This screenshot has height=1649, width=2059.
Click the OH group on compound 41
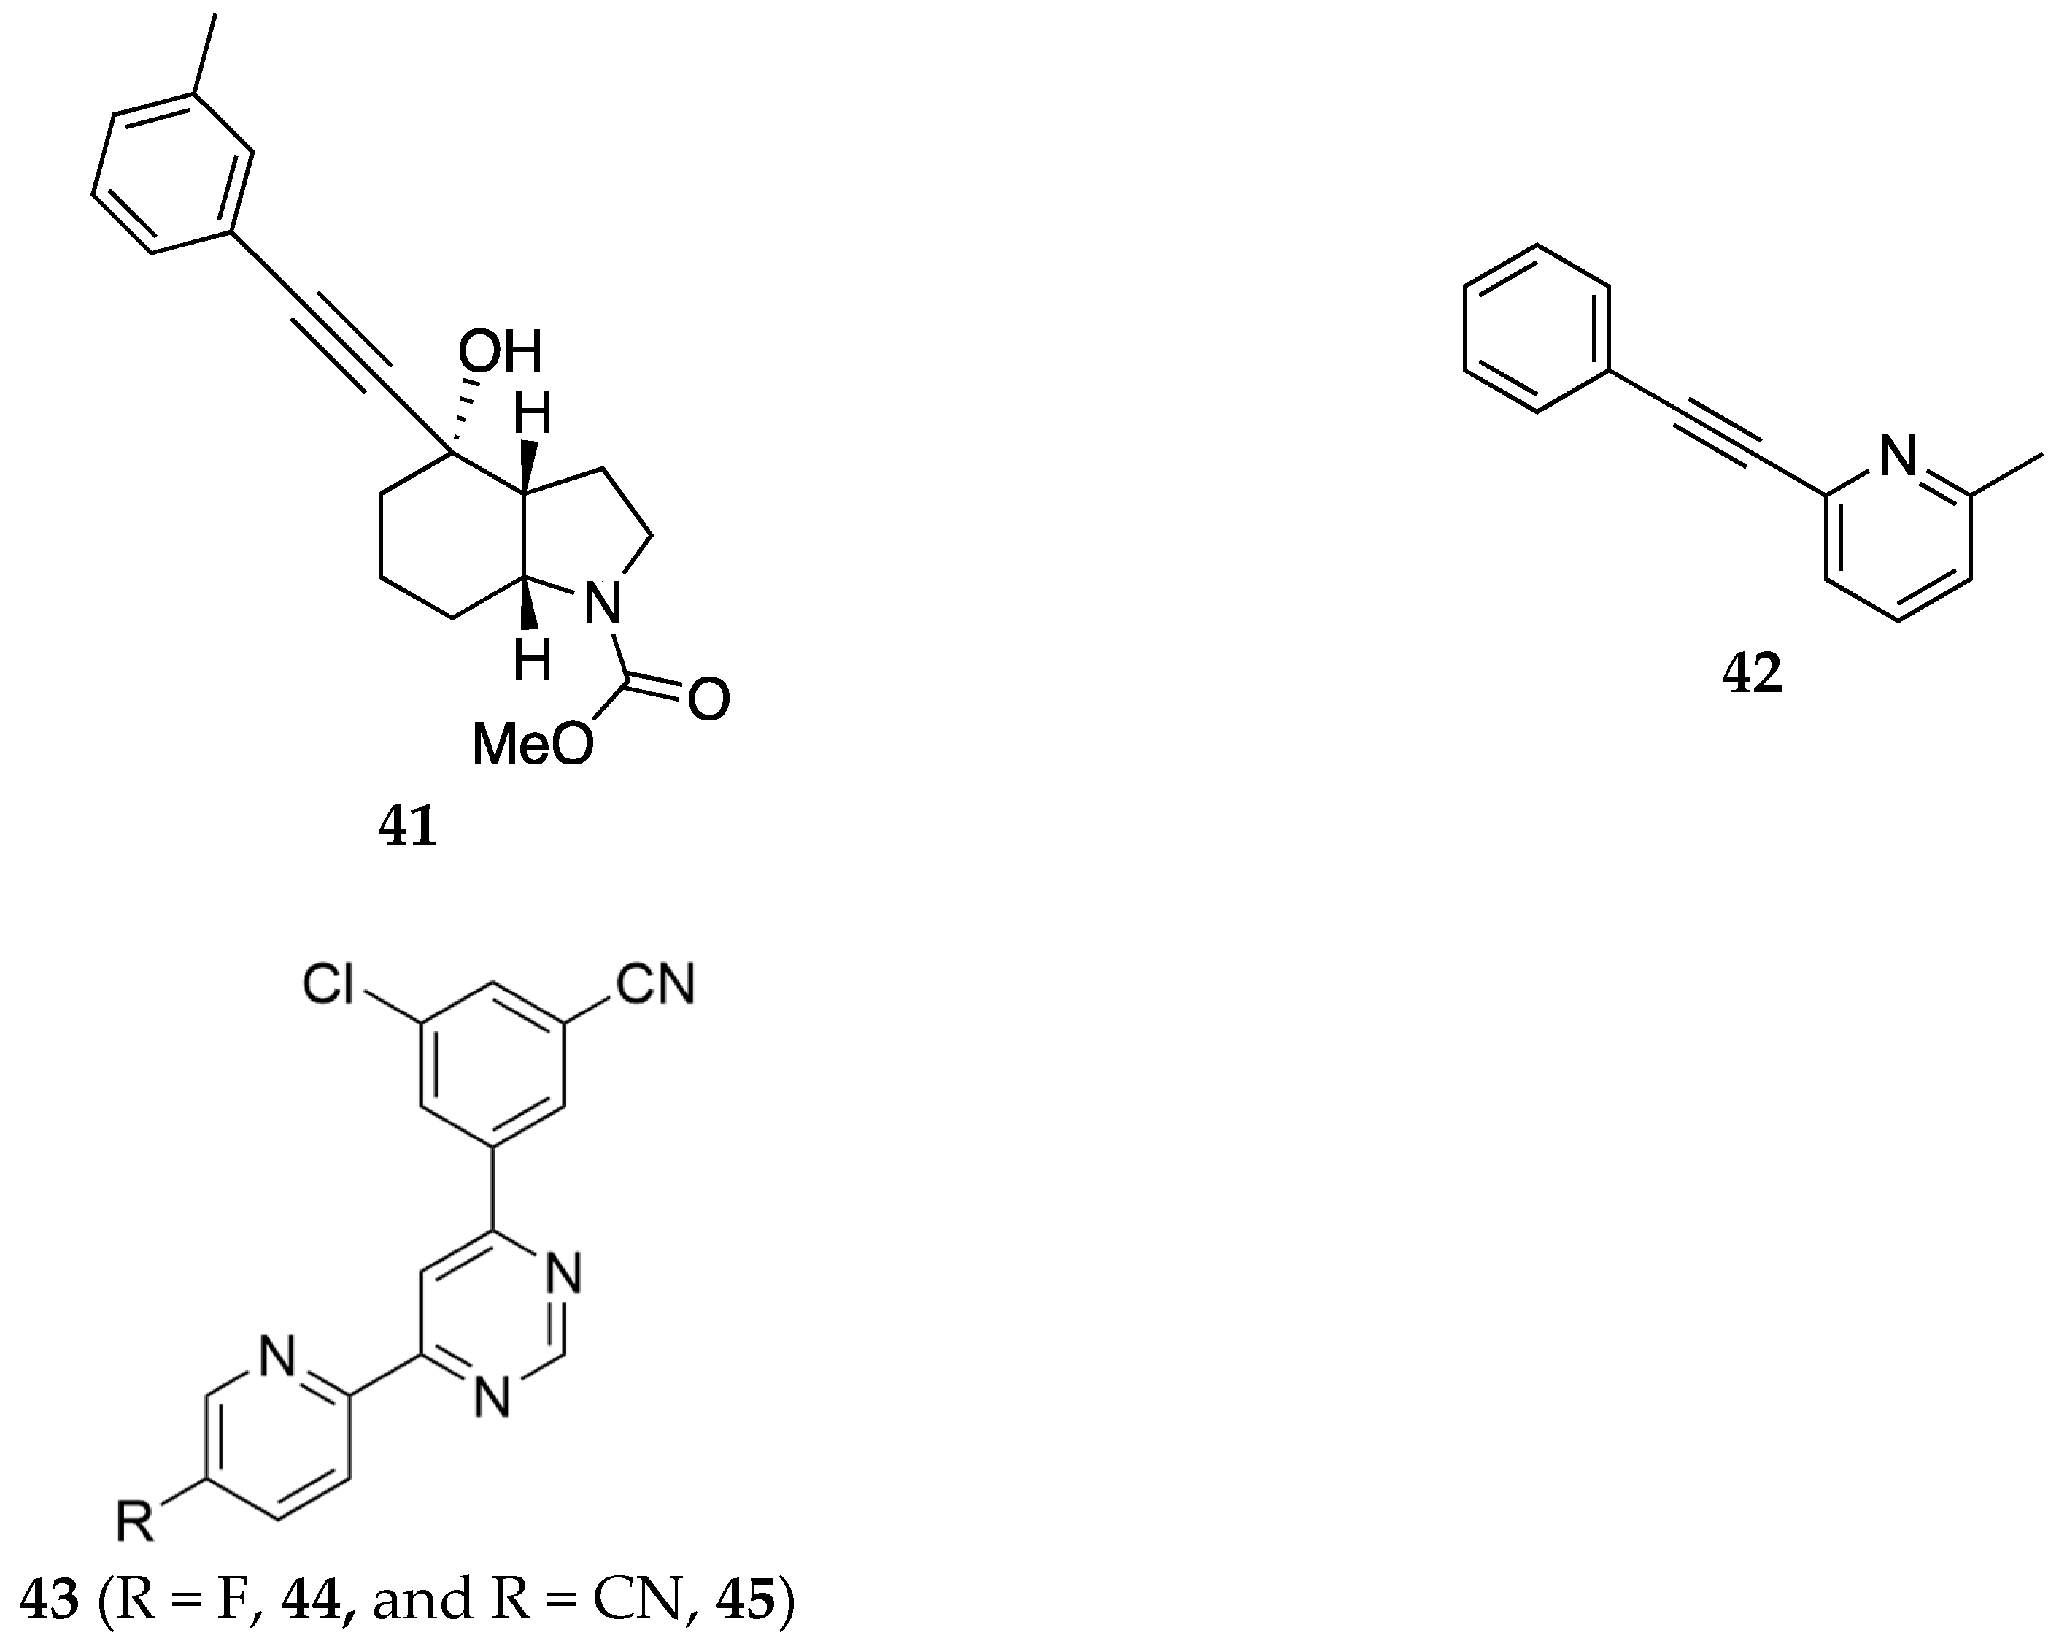pos(500,353)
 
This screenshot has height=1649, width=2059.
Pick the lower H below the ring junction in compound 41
pos(532,659)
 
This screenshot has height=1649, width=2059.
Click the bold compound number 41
pos(408,827)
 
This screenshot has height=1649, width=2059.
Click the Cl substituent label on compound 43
pos(328,985)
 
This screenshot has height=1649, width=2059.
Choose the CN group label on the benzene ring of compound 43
pos(655,984)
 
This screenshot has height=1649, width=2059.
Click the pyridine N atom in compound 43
pos(278,1359)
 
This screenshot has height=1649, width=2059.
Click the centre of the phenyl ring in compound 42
pos(1537,328)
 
